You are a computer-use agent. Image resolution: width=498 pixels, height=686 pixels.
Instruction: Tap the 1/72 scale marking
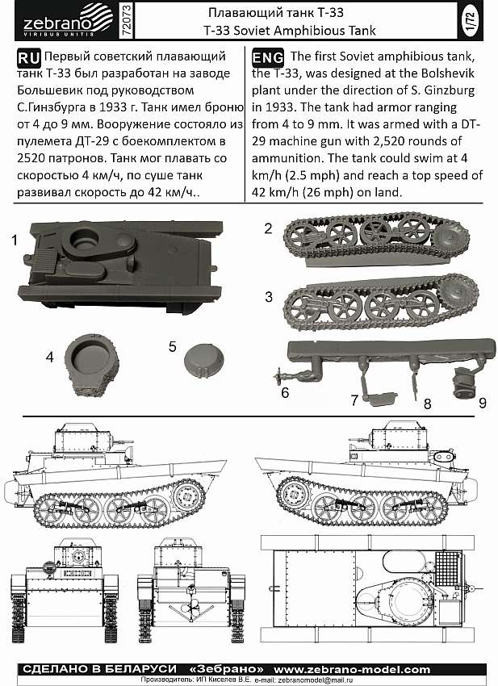[471, 21]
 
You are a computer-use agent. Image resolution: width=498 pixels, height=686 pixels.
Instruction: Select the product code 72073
[126, 20]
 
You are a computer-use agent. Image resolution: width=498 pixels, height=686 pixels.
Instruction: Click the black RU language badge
[29, 57]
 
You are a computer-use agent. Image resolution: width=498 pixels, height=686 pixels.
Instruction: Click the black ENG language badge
[268, 57]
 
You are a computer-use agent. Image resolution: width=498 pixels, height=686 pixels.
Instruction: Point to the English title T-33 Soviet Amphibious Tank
[290, 31]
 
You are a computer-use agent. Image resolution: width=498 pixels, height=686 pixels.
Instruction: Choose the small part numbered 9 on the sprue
[465, 383]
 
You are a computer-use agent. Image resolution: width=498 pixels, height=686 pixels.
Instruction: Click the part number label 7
[354, 399]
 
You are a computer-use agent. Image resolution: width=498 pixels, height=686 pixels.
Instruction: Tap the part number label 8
[428, 404]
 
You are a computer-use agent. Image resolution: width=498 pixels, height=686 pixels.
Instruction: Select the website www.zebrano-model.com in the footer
[352, 669]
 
